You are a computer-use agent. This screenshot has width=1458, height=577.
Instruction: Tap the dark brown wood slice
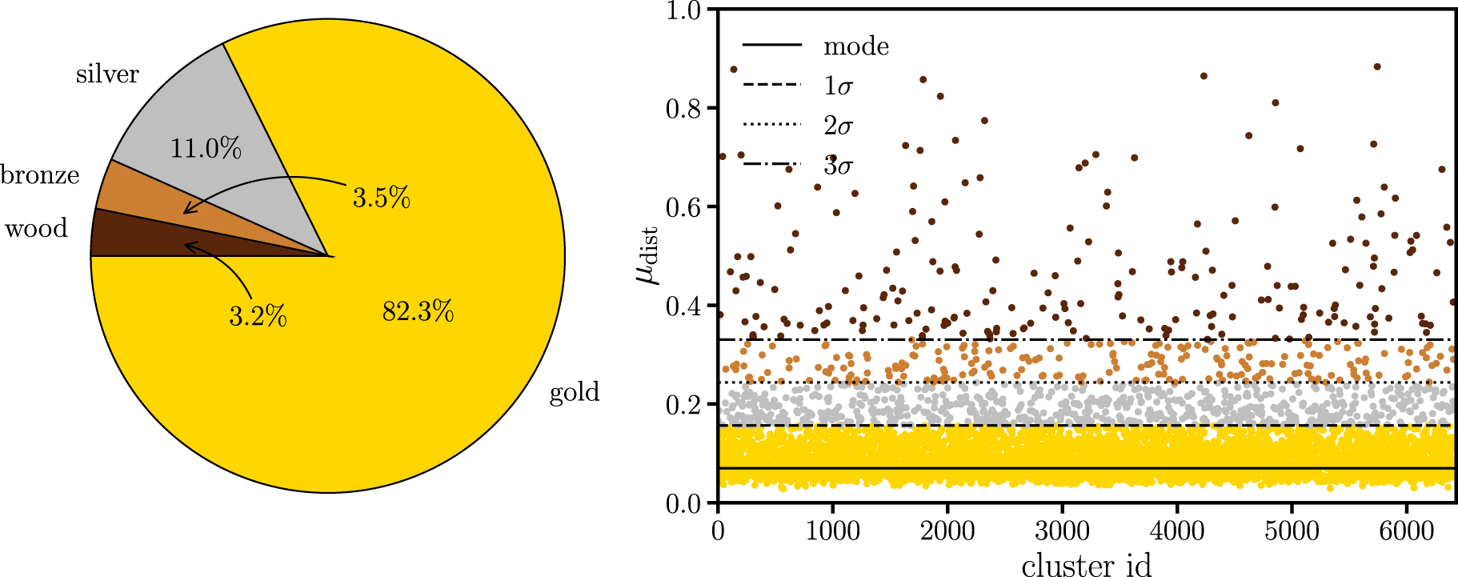click(128, 238)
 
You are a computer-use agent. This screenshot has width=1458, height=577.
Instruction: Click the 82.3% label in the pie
click(418, 311)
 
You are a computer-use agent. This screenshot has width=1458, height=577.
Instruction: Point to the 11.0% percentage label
click(206, 149)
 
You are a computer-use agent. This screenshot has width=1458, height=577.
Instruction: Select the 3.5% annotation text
click(381, 198)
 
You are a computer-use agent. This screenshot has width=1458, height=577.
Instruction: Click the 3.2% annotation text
click(258, 316)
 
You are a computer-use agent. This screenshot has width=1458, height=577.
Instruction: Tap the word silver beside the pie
click(107, 74)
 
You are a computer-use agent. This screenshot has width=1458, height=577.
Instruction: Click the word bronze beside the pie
click(40, 175)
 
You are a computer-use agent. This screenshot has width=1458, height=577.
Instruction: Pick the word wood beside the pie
click(36, 229)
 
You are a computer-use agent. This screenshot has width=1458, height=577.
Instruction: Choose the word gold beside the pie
click(574, 392)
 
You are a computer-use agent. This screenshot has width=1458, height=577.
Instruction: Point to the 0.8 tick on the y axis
click(683, 109)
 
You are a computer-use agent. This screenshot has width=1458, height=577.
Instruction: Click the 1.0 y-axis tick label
click(683, 11)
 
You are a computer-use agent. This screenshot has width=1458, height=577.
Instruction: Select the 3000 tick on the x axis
click(1062, 531)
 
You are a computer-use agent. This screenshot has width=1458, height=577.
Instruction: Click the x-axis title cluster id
click(1086, 564)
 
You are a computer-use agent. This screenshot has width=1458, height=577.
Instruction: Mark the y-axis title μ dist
click(647, 255)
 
